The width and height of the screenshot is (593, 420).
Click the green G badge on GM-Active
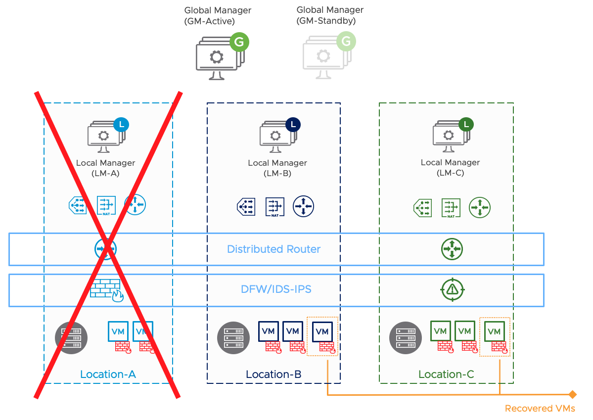click(x=239, y=43)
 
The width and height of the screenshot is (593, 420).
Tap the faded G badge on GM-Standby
click(x=346, y=43)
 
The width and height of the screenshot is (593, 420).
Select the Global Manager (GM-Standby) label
click(x=330, y=15)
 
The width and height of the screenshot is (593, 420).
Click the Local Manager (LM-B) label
click(x=277, y=168)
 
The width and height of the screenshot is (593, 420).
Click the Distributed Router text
click(x=274, y=249)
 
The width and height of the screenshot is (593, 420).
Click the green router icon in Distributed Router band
click(x=452, y=249)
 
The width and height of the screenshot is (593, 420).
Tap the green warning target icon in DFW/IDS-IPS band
click(x=452, y=290)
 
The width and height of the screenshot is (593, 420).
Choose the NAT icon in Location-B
click(x=275, y=207)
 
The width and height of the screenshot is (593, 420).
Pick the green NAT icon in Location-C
click(x=451, y=207)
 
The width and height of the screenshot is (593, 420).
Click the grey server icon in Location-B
click(x=230, y=338)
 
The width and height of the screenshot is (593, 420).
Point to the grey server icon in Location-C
click(x=403, y=338)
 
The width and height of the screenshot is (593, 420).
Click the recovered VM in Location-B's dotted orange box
click(x=322, y=331)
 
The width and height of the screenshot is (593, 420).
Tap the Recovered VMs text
click(x=540, y=409)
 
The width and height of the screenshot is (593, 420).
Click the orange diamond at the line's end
click(x=572, y=395)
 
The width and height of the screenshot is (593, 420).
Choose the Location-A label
click(x=108, y=374)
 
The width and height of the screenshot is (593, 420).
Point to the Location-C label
click(x=446, y=374)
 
